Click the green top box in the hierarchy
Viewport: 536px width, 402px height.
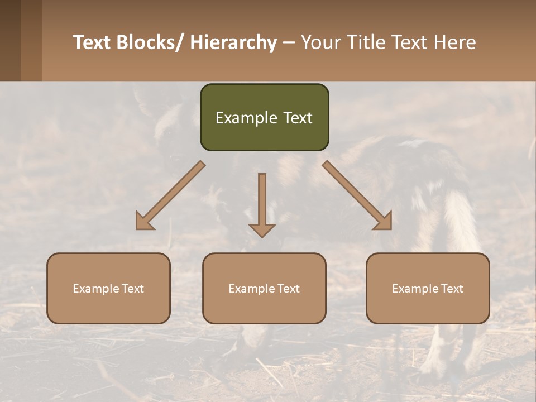[264, 117]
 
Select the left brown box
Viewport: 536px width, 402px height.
[108, 288]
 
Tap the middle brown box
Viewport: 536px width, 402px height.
[264, 288]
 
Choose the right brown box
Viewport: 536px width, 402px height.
[428, 288]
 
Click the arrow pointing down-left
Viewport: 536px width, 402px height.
[171, 195]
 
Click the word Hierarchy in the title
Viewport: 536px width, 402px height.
[233, 42]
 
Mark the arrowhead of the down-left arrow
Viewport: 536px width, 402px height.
[144, 221]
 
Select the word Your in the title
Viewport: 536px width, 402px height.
[321, 42]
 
